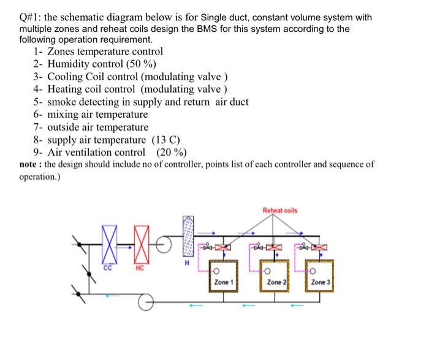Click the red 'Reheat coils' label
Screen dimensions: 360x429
coord(280,210)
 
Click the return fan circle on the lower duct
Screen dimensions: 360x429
coord(145,302)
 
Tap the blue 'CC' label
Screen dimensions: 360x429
coord(108,267)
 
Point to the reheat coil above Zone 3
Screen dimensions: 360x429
coord(321,247)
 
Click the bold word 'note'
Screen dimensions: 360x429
coord(30,164)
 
